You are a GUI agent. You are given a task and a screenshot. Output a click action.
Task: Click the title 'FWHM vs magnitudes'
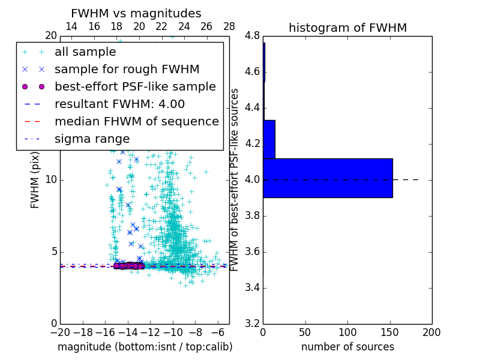point(136,13)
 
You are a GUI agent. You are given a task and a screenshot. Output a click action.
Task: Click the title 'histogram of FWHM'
point(347,28)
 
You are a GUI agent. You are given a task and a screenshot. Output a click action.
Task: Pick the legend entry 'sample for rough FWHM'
point(127,70)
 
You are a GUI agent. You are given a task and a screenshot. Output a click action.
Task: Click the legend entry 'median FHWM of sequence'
point(136,121)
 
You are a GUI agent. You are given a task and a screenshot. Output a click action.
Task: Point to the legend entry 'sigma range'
point(92,139)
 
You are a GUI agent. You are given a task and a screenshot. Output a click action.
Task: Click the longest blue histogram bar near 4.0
point(328,178)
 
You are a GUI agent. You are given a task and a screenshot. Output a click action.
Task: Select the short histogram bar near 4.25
point(269,139)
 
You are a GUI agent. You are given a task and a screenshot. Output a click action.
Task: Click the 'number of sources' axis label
point(347,347)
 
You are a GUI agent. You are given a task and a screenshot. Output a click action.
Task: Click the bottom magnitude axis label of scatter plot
point(145,347)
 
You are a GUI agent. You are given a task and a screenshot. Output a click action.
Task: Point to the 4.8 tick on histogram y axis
point(252,36)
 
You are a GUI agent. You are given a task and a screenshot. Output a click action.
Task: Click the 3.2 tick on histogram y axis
point(252,323)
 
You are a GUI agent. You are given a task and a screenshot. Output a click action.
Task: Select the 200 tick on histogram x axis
point(431,332)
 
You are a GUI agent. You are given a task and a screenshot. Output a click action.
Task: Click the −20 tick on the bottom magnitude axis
point(60,332)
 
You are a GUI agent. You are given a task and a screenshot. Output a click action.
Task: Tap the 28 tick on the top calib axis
point(229,26)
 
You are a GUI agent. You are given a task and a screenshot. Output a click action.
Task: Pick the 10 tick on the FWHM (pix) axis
point(51,179)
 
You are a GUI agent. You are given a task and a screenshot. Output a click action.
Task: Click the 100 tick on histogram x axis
point(347,332)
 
